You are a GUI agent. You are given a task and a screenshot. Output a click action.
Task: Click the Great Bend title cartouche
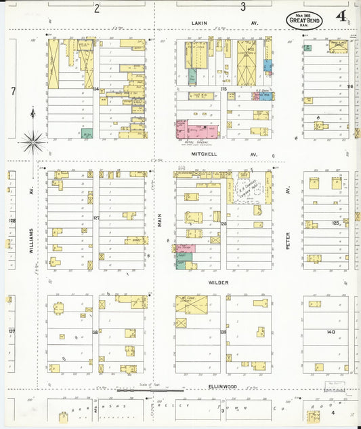(x=304, y=20)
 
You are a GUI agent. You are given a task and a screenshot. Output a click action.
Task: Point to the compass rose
(x=32, y=142)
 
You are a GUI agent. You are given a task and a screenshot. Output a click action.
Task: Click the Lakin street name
(x=198, y=23)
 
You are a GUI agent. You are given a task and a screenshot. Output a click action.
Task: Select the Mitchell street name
(x=204, y=154)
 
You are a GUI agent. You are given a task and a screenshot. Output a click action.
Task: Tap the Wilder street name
(x=218, y=282)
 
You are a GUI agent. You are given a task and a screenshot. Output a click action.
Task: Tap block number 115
(x=223, y=89)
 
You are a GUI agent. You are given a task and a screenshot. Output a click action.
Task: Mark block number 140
(x=331, y=332)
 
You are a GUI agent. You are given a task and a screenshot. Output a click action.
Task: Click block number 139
(x=223, y=332)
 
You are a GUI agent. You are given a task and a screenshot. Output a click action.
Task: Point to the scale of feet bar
(x=150, y=390)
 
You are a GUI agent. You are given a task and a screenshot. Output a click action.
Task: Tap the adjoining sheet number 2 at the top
(x=97, y=8)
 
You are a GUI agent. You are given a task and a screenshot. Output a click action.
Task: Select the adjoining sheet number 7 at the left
(x=13, y=90)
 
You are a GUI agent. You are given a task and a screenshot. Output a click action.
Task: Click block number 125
(x=335, y=223)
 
